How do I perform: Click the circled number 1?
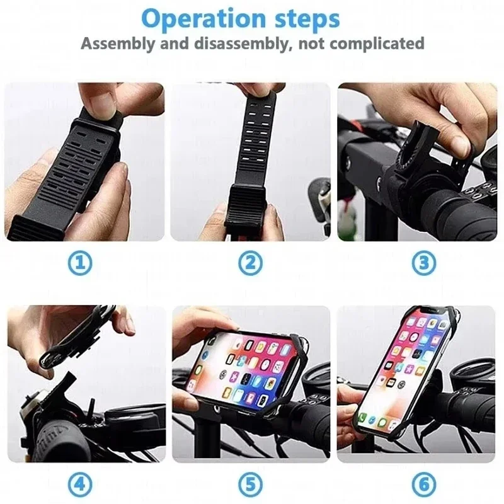[x=80, y=263]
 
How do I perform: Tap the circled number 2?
[x=251, y=263]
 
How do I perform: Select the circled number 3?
[x=423, y=263]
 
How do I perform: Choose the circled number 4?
[x=80, y=485]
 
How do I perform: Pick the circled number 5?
[x=251, y=485]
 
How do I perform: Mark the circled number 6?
[x=423, y=485]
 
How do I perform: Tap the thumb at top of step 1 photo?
[x=101, y=101]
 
